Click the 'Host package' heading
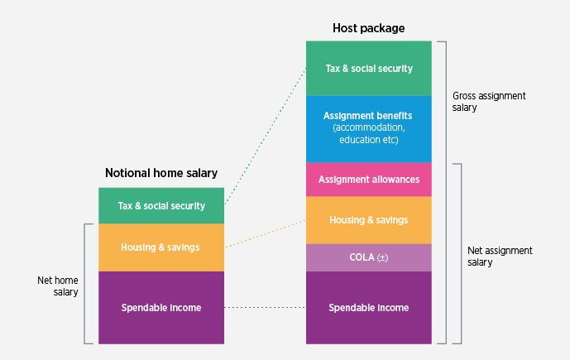click(x=368, y=28)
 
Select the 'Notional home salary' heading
click(x=161, y=173)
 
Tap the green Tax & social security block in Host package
click(x=368, y=68)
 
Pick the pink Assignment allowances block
click(x=368, y=179)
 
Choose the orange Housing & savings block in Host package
click(x=368, y=220)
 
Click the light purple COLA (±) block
click(x=368, y=257)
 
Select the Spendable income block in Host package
click(x=368, y=307)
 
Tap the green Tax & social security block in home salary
click(x=161, y=205)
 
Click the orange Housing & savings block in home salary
click(x=161, y=247)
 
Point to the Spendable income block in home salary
click(x=161, y=307)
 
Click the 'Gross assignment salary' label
click(x=489, y=101)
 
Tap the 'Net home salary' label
click(x=58, y=286)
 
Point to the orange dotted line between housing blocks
click(x=265, y=233)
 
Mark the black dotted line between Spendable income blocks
click(x=265, y=308)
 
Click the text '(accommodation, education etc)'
click(x=368, y=134)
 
